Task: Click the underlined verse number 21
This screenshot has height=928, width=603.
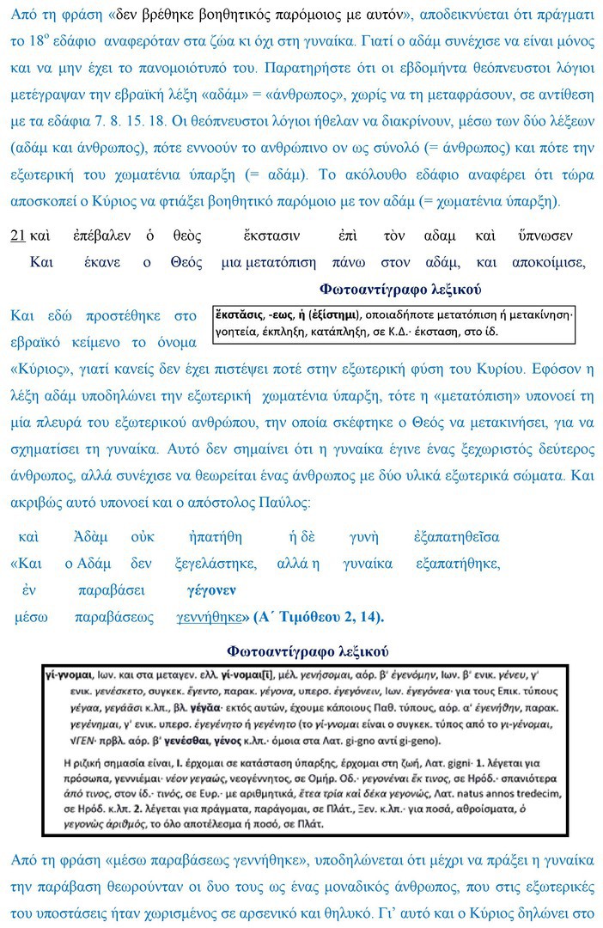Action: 17,235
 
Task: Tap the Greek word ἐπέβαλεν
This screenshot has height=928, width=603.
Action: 102,235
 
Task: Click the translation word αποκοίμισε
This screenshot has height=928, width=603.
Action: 548,262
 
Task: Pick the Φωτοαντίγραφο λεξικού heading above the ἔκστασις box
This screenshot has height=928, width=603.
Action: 400,289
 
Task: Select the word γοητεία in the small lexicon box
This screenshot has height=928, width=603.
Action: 238,331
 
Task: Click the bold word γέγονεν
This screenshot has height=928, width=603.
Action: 211,590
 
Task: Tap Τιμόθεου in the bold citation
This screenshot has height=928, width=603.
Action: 318,617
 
